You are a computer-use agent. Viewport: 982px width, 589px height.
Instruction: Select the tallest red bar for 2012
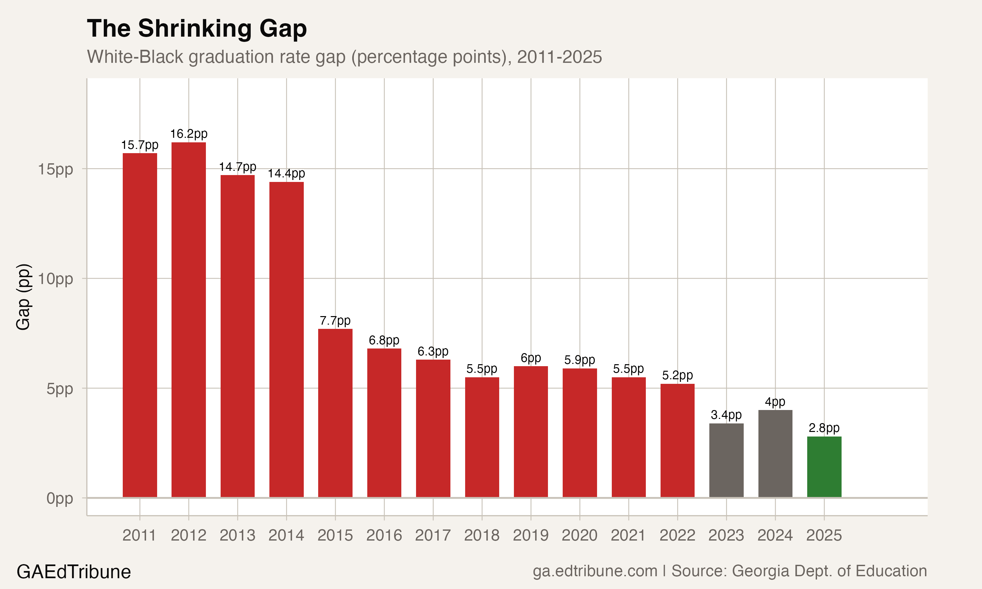point(189,319)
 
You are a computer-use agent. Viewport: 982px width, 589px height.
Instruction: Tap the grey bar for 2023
point(726,460)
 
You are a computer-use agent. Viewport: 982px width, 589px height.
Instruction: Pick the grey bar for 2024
point(775,453)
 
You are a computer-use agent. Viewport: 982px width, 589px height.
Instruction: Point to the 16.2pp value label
point(189,134)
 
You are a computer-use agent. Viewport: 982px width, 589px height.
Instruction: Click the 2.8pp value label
point(824,428)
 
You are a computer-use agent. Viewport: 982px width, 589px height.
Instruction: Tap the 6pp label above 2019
point(531,358)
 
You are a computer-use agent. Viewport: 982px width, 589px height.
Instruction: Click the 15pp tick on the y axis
point(56,169)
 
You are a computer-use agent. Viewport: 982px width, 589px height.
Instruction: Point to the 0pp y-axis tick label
point(60,498)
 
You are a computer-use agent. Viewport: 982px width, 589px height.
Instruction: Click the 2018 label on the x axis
point(482,535)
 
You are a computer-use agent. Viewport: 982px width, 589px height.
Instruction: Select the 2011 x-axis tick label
point(139,535)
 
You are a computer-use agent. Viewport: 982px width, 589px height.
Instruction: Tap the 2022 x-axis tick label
point(677,535)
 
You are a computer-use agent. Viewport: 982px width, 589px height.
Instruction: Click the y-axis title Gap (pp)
point(23,296)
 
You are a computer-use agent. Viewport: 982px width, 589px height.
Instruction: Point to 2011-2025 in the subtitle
point(559,57)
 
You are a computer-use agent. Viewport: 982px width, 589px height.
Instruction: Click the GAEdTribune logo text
point(74,572)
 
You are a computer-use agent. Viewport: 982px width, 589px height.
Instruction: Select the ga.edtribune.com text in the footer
point(594,571)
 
